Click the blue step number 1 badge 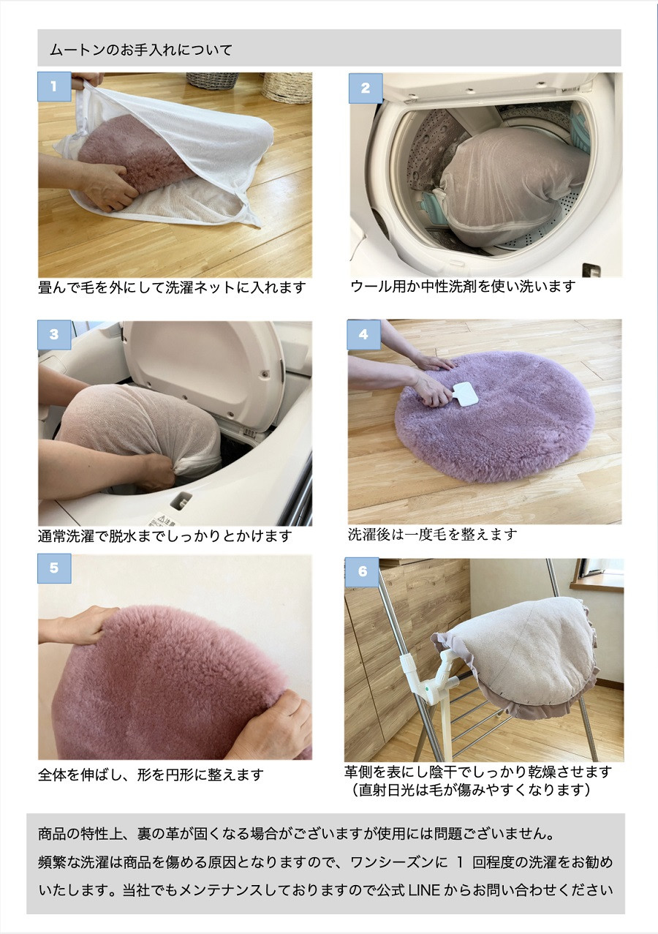click(x=54, y=87)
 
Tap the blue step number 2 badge click(x=366, y=88)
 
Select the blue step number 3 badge click(x=54, y=335)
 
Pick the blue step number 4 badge click(x=364, y=334)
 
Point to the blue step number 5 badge click(x=54, y=568)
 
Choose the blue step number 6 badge click(x=362, y=572)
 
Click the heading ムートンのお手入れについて click(x=141, y=50)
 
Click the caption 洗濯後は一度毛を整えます click(x=432, y=534)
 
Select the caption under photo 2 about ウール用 click(x=463, y=287)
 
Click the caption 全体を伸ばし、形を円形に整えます click(x=151, y=775)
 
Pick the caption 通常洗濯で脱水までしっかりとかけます click(x=164, y=536)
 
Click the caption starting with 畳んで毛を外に click(x=172, y=287)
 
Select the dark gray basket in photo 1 click(x=212, y=80)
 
